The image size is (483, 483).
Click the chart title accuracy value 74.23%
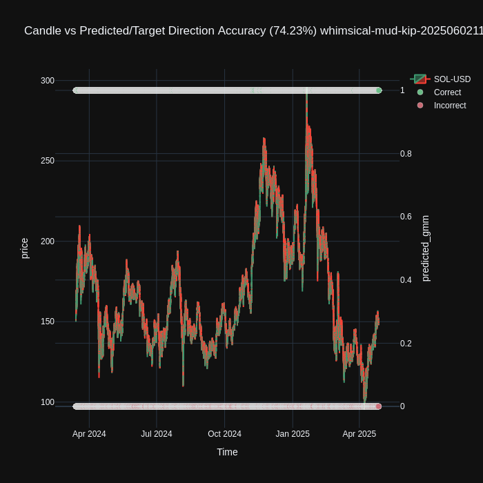coord(293,30)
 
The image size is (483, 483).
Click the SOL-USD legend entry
coord(452,79)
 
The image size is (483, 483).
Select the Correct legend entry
coord(447,92)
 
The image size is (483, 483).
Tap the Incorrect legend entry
coord(450,106)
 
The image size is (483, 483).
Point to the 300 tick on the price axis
coord(48,81)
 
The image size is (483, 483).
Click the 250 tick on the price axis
coord(48,161)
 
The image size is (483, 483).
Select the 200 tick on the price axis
coord(48,241)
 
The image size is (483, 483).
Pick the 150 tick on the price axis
coord(48,322)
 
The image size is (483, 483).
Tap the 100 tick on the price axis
coord(48,402)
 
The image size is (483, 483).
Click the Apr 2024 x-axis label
coord(89,434)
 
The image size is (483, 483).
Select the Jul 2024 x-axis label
coord(157,434)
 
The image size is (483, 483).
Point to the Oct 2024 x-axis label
coord(225,434)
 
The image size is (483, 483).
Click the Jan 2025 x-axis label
coord(293,434)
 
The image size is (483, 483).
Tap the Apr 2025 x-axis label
coord(359,434)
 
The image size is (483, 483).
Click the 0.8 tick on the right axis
coord(406,154)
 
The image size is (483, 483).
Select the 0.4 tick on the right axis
coord(406,280)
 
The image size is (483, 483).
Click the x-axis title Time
coord(227,452)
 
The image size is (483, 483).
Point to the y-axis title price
coord(25,248)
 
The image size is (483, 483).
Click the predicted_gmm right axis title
coord(425,248)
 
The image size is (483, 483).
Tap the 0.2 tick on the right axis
coord(406,344)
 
